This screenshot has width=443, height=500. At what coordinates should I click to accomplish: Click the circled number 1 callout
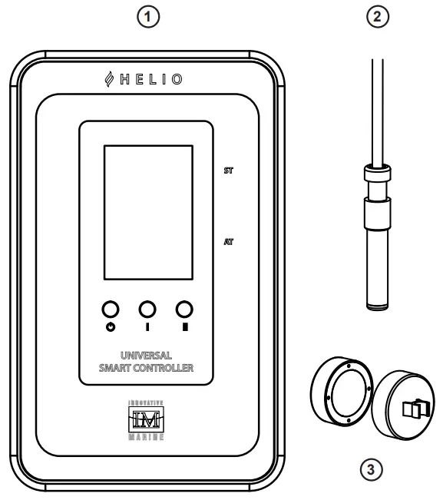[x=159, y=17]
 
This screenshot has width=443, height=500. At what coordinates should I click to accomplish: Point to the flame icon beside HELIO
[x=110, y=81]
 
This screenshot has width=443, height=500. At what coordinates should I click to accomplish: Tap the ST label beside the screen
[x=228, y=171]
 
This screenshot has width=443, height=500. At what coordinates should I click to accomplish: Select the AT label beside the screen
[x=228, y=240]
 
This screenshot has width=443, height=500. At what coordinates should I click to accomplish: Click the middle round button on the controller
[x=146, y=309]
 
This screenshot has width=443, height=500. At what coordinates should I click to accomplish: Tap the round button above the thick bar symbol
[x=183, y=309]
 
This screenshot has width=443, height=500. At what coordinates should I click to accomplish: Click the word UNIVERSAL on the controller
[x=146, y=356]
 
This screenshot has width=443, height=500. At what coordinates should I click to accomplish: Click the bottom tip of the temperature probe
[x=378, y=307]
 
